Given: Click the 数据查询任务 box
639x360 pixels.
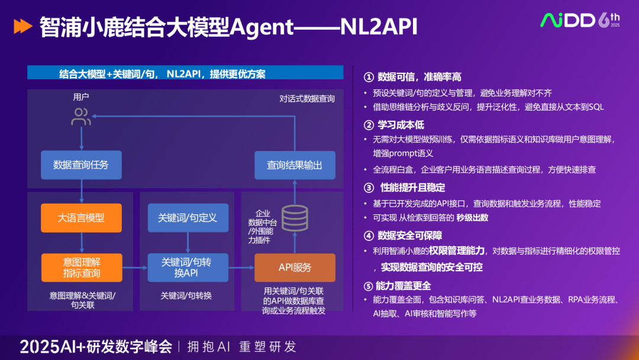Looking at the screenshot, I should coord(81,165).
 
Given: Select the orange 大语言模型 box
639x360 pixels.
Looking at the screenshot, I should coord(81,217).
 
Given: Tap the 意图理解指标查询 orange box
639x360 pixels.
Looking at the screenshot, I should coord(81,268).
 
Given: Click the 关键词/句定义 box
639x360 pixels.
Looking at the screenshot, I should coord(188,217).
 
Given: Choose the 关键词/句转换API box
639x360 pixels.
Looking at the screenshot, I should coord(188,268).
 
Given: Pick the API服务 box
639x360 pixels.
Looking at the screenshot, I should coord(295,268).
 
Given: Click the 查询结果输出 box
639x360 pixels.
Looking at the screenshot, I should coord(295,165).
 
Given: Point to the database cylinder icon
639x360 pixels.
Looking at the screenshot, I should coord(294,218).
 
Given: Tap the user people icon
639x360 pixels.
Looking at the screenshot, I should coord(81,117).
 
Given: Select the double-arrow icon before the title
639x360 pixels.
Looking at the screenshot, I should coord(22,26).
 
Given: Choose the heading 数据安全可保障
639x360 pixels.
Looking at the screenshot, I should coord(409,236).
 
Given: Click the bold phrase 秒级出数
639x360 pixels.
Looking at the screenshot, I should coord(472,217).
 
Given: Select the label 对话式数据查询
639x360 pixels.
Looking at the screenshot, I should coord(307,98).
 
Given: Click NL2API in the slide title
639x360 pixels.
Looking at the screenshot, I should coord(381,27).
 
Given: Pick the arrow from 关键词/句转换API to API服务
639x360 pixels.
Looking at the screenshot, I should coord(241,268).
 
